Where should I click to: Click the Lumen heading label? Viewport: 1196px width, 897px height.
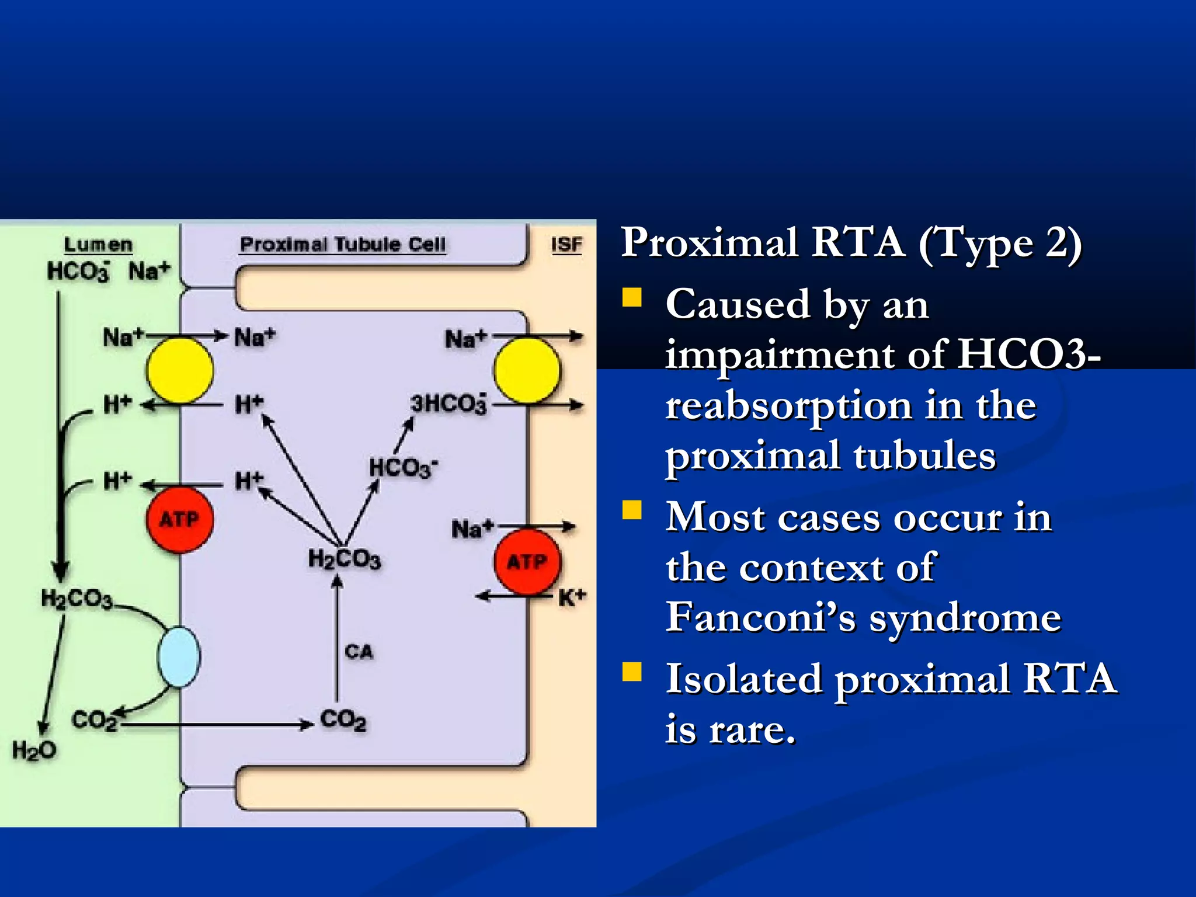(x=98, y=245)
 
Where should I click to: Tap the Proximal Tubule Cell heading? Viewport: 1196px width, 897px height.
(x=343, y=244)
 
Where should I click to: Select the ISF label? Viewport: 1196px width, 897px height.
(x=566, y=245)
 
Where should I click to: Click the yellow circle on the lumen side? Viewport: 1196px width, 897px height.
(x=180, y=370)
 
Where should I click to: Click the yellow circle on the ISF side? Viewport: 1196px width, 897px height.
(x=527, y=370)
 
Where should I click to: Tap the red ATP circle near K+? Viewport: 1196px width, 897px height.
(x=527, y=562)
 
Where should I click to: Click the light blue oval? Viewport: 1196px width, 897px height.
(x=179, y=656)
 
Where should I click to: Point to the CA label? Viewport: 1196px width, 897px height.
(x=359, y=652)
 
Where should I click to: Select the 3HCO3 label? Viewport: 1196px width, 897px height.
(x=448, y=404)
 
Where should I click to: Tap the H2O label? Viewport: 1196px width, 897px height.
(x=34, y=750)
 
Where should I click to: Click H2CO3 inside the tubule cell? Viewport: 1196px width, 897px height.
(x=344, y=559)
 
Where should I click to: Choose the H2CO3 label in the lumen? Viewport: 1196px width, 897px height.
(x=76, y=599)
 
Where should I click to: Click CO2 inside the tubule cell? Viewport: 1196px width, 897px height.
(x=343, y=720)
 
